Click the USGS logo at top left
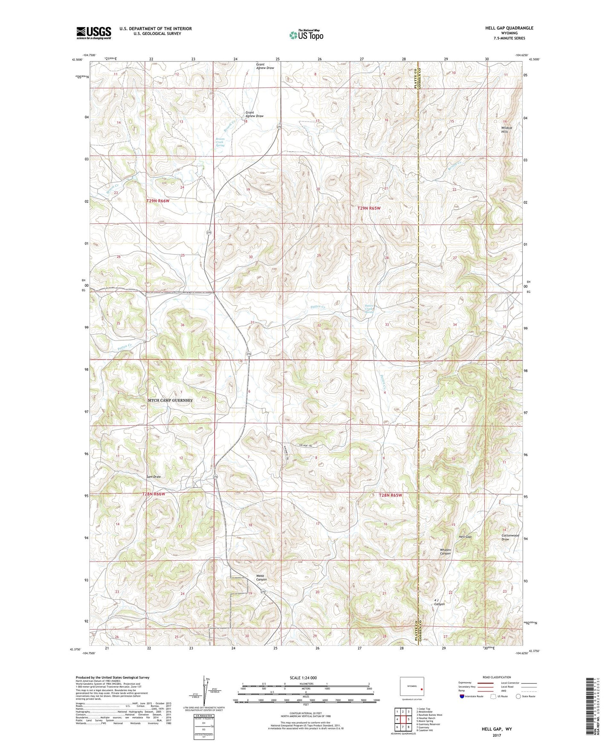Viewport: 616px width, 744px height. pyautogui.click(x=94, y=33)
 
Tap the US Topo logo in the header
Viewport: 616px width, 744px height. pyautogui.click(x=306, y=35)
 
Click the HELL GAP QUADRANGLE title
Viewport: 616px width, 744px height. pyautogui.click(x=509, y=28)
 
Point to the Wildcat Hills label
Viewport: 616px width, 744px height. pyautogui.click(x=506, y=130)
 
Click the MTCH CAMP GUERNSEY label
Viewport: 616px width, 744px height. pyautogui.click(x=170, y=400)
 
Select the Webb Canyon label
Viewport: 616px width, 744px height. pyautogui.click(x=261, y=578)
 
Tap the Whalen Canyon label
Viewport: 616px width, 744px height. pyautogui.click(x=445, y=551)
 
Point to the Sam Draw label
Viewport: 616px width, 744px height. pyautogui.click(x=153, y=476)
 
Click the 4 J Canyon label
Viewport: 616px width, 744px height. pyautogui.click(x=439, y=602)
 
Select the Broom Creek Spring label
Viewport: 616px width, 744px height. pyautogui.click(x=220, y=142)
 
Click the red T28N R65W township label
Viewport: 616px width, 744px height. pyautogui.click(x=390, y=495)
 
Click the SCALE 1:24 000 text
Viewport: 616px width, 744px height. pyautogui.click(x=303, y=678)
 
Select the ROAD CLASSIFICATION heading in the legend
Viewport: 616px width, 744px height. pyautogui.click(x=497, y=677)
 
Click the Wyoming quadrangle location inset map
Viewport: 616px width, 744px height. pyautogui.click(x=412, y=688)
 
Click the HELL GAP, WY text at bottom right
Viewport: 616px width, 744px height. pyautogui.click(x=497, y=729)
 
